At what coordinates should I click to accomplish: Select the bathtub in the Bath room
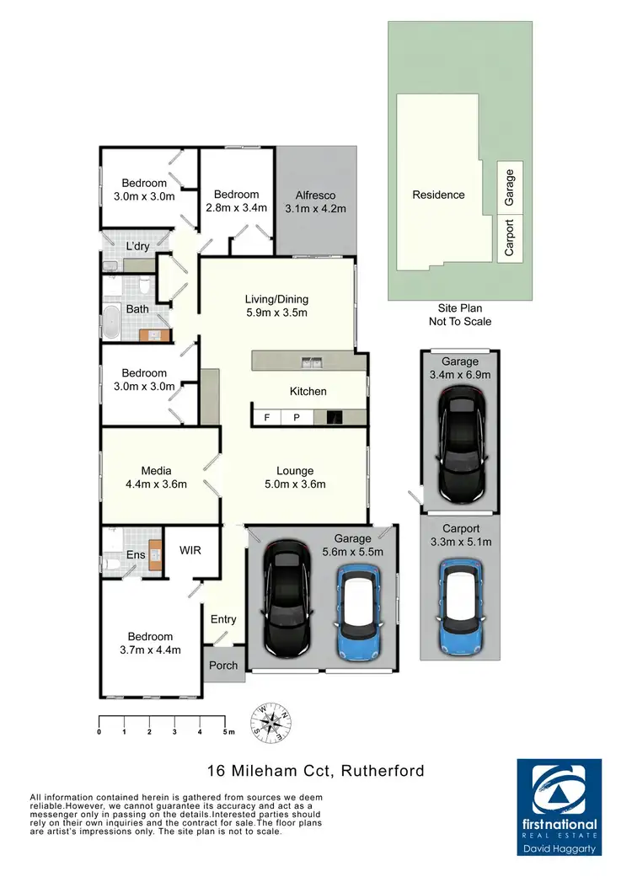pyautogui.click(x=111, y=323)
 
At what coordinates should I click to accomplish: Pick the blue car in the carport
pyautogui.click(x=462, y=605)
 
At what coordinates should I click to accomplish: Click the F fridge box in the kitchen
pyautogui.click(x=267, y=417)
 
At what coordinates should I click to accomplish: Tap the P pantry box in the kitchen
pyautogui.click(x=296, y=417)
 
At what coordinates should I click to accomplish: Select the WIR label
pyautogui.click(x=190, y=550)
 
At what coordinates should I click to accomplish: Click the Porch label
pyautogui.click(x=223, y=666)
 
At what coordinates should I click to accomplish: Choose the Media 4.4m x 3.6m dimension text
pyautogui.click(x=157, y=484)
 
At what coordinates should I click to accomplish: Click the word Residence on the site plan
pyautogui.click(x=438, y=195)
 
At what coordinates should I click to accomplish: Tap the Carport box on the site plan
pyautogui.click(x=508, y=239)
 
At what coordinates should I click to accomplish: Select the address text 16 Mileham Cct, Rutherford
pyautogui.click(x=315, y=770)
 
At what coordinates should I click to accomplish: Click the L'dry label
pyautogui.click(x=137, y=246)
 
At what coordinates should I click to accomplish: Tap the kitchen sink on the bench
pyautogui.click(x=311, y=363)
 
